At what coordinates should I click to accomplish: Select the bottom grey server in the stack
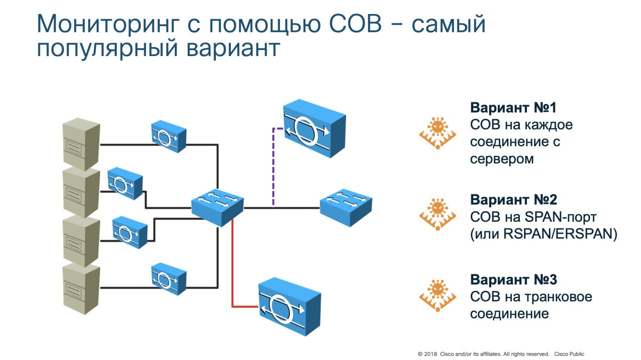point(80,289)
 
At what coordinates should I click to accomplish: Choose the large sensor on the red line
point(289,305)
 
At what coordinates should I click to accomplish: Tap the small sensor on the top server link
point(169,136)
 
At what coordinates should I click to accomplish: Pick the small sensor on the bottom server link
point(169,279)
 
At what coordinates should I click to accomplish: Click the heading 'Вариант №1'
point(513,108)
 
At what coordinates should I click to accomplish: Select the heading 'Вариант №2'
point(513,200)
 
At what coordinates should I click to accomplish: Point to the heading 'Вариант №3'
point(513,279)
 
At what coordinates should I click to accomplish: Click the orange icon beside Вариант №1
point(438,133)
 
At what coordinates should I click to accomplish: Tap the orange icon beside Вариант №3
point(438,295)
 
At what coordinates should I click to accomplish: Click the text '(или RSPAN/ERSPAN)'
point(543,234)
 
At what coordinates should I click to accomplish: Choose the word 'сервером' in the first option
point(502,159)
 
